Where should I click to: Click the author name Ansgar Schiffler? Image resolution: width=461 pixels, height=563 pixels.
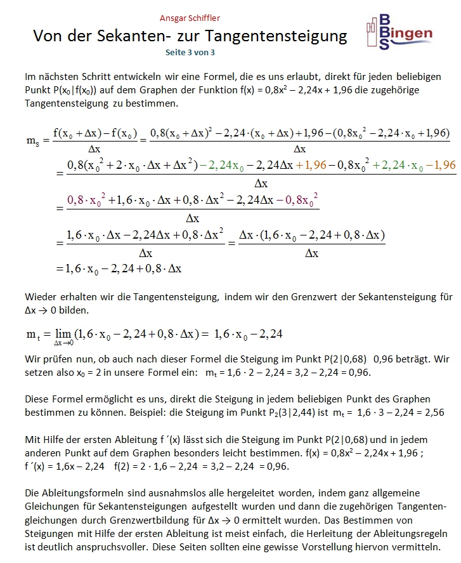pos(190,18)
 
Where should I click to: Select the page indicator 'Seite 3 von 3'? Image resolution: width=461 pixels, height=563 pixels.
pos(190,54)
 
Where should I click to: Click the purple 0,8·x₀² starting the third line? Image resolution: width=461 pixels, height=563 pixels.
pos(81,200)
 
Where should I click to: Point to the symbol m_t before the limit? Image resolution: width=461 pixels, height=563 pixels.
pos(34,334)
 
